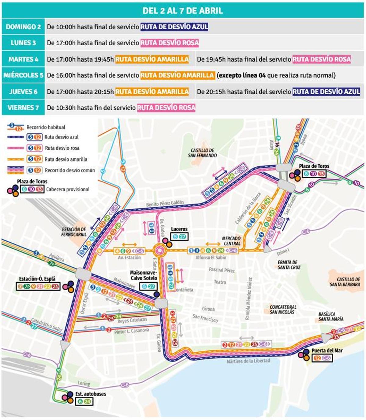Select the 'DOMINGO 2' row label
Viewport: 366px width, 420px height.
[23, 27]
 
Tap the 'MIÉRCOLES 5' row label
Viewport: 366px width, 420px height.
[23, 75]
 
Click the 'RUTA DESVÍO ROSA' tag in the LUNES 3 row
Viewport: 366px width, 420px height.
[170, 43]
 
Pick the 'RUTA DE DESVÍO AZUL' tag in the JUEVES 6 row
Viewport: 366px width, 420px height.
[326, 92]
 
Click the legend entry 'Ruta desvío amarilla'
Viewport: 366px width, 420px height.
[66, 159]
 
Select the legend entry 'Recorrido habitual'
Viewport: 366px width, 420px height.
[46, 127]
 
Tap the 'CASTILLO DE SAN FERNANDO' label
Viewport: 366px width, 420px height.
[203, 153]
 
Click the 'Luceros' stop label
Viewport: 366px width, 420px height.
[179, 229]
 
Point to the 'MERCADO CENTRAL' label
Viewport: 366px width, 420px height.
[231, 241]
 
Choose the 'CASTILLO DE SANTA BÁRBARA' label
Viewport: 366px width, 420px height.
[345, 282]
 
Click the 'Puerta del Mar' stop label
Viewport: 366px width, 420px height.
[327, 351]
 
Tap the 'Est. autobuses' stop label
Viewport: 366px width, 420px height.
[91, 394]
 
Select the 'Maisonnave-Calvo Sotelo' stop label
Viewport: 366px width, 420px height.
[143, 275]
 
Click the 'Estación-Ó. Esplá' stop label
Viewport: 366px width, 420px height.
[37, 279]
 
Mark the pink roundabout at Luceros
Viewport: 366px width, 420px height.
[159, 251]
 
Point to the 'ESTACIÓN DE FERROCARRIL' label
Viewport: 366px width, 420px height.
[74, 232]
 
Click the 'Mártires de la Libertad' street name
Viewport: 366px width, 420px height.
[248, 361]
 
